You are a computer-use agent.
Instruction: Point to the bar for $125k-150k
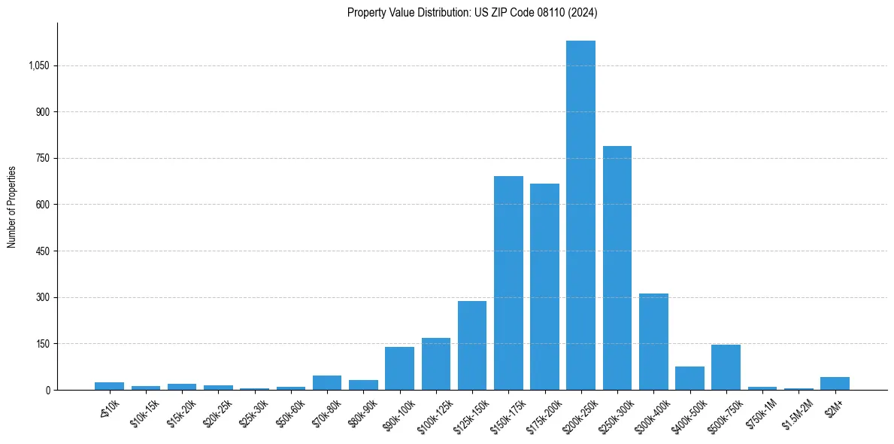tap(472, 345)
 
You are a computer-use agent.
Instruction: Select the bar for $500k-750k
tap(726, 367)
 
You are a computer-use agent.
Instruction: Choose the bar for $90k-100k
tap(399, 368)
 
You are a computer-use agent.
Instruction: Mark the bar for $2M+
tap(835, 383)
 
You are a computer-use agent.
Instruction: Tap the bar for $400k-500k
tap(689, 378)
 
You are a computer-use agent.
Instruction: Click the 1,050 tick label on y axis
tap(38, 66)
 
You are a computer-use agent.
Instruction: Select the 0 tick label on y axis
tap(47, 390)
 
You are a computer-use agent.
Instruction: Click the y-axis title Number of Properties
tap(12, 206)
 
